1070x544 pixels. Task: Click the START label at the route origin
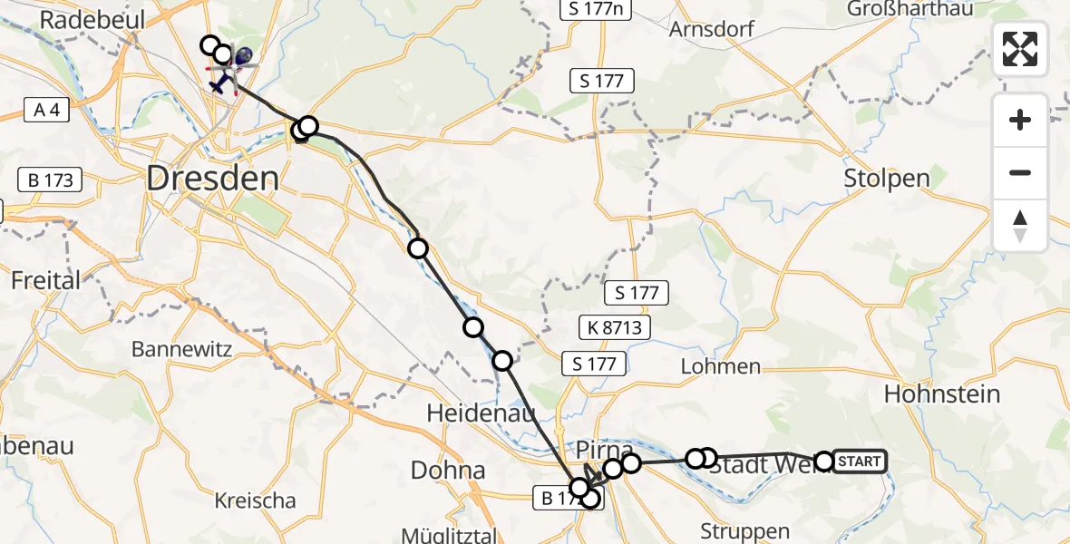coord(859,461)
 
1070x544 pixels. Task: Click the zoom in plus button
coord(1020,120)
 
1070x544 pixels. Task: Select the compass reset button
coord(1020,226)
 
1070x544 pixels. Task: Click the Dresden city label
coord(213,178)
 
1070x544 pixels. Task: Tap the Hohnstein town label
coord(941,394)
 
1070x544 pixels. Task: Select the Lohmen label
coord(720,366)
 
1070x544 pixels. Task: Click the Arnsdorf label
coord(711,29)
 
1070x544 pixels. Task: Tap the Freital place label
coord(45,280)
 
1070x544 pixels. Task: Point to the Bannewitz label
coord(181,349)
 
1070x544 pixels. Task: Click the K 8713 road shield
coord(616,327)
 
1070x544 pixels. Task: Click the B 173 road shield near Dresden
coord(50,180)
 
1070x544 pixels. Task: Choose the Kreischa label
coord(256,500)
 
